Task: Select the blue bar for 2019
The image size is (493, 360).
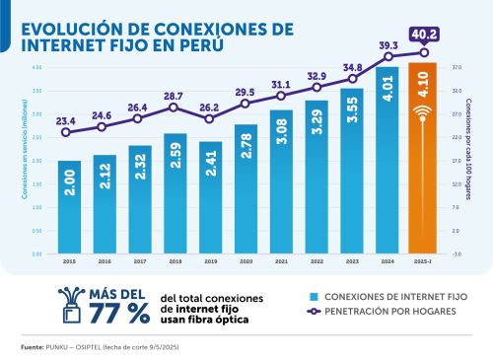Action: (x=211, y=197)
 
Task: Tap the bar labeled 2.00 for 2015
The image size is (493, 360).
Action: (x=70, y=206)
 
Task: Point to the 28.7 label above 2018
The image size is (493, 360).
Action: (x=175, y=96)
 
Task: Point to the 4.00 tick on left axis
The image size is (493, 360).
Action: (x=35, y=67)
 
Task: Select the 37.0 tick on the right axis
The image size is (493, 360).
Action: (x=458, y=67)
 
